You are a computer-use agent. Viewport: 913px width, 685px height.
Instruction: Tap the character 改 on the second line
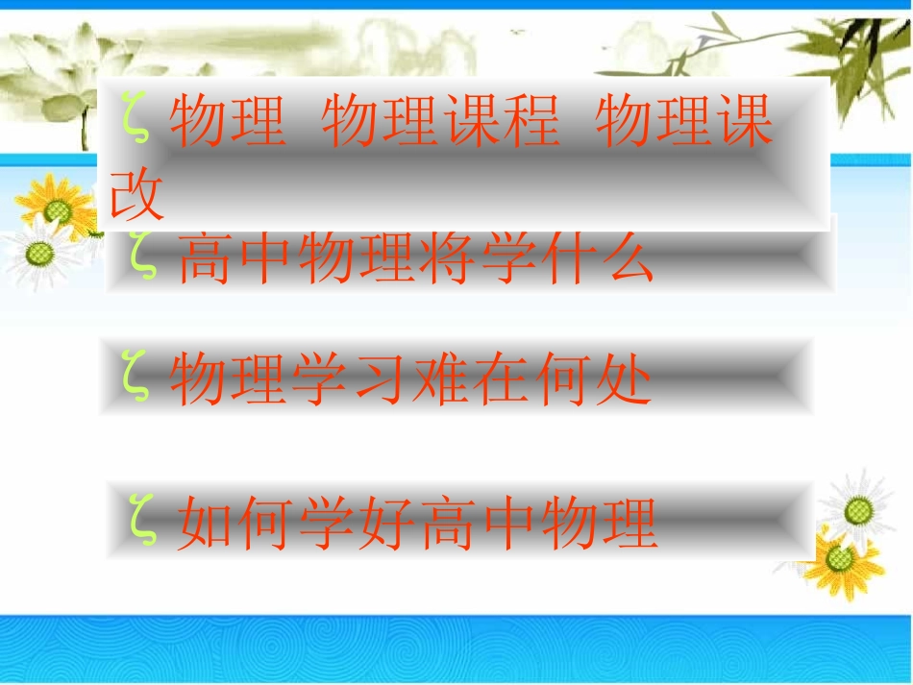[x=138, y=198]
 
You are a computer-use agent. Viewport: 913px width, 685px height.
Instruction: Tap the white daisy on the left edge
[x=38, y=254]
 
